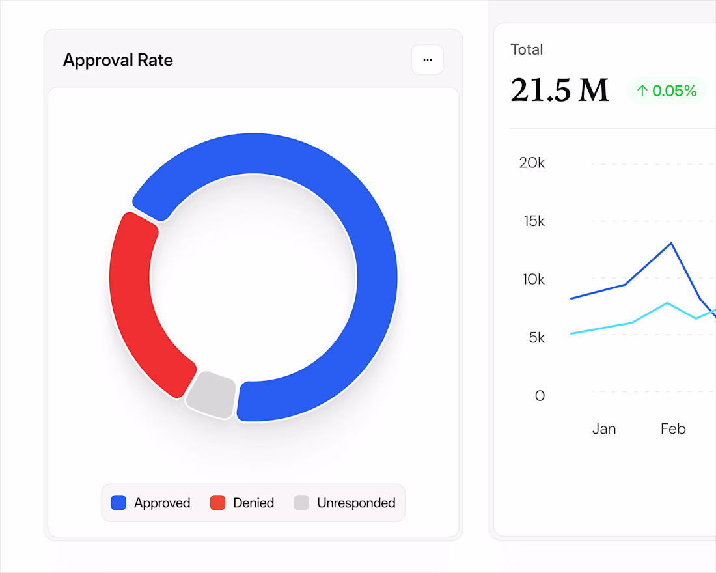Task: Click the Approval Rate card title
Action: [118, 61]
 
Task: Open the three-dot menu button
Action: [428, 60]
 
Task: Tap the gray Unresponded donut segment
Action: [210, 394]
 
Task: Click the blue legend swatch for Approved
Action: [118, 503]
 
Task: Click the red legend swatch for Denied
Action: [217, 503]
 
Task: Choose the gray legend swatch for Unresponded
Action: [301, 503]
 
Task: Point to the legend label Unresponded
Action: [356, 503]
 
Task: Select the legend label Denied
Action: [253, 503]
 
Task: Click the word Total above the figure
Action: [527, 49]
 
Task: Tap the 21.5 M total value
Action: [559, 91]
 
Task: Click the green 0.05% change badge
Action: [667, 91]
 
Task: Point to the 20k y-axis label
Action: [532, 163]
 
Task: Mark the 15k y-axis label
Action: [534, 221]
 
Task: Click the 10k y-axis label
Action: [534, 279]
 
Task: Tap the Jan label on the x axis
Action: [604, 429]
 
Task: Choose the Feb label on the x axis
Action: [673, 429]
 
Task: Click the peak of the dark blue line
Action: [671, 243]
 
